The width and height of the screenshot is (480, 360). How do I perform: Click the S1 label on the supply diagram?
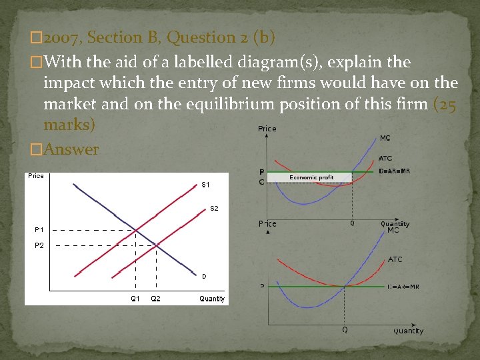pyautogui.click(x=205, y=184)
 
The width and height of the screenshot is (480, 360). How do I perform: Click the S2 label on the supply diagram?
pyautogui.click(x=214, y=209)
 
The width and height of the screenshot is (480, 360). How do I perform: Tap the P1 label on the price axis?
pyautogui.click(x=39, y=230)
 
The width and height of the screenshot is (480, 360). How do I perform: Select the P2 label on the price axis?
pyautogui.click(x=39, y=245)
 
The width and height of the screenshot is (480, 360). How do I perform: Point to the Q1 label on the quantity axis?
pyautogui.click(x=135, y=299)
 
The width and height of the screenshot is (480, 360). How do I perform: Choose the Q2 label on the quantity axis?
pyautogui.click(x=155, y=299)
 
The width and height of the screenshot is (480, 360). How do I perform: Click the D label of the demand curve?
pyautogui.click(x=204, y=276)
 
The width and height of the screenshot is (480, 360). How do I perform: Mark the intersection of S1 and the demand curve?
pyautogui.click(x=135, y=230)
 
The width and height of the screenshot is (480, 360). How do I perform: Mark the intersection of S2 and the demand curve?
pyautogui.click(x=156, y=245)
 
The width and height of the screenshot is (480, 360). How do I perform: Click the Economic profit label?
pyautogui.click(x=311, y=178)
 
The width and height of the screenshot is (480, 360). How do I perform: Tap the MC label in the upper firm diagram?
pyautogui.click(x=385, y=139)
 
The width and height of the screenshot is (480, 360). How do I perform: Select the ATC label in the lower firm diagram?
pyautogui.click(x=395, y=259)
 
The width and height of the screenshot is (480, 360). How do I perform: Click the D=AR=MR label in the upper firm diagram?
pyautogui.click(x=395, y=171)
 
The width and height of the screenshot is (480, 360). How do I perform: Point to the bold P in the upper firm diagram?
pyautogui.click(x=261, y=172)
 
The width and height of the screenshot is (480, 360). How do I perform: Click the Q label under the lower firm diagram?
pyautogui.click(x=345, y=330)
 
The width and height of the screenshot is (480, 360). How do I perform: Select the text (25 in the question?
pyautogui.click(x=445, y=105)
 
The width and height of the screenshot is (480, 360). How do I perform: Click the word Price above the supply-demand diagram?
pyautogui.click(x=36, y=176)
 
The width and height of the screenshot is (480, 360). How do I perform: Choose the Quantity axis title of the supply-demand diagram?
pyautogui.click(x=212, y=299)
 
